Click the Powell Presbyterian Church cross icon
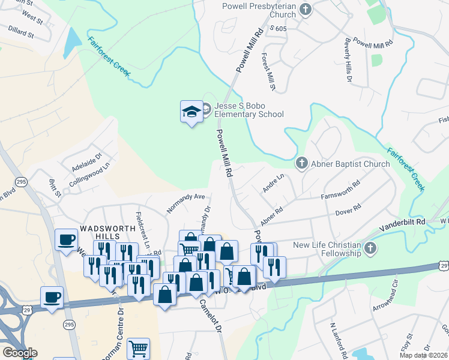[306, 10]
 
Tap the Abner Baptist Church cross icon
[301, 163]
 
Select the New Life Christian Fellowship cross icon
[370, 248]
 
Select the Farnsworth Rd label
[340, 191]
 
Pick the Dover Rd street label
[348, 209]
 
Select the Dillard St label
[21, 31]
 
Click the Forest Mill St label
[268, 73]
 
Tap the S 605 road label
[280, 28]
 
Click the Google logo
[20, 352]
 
